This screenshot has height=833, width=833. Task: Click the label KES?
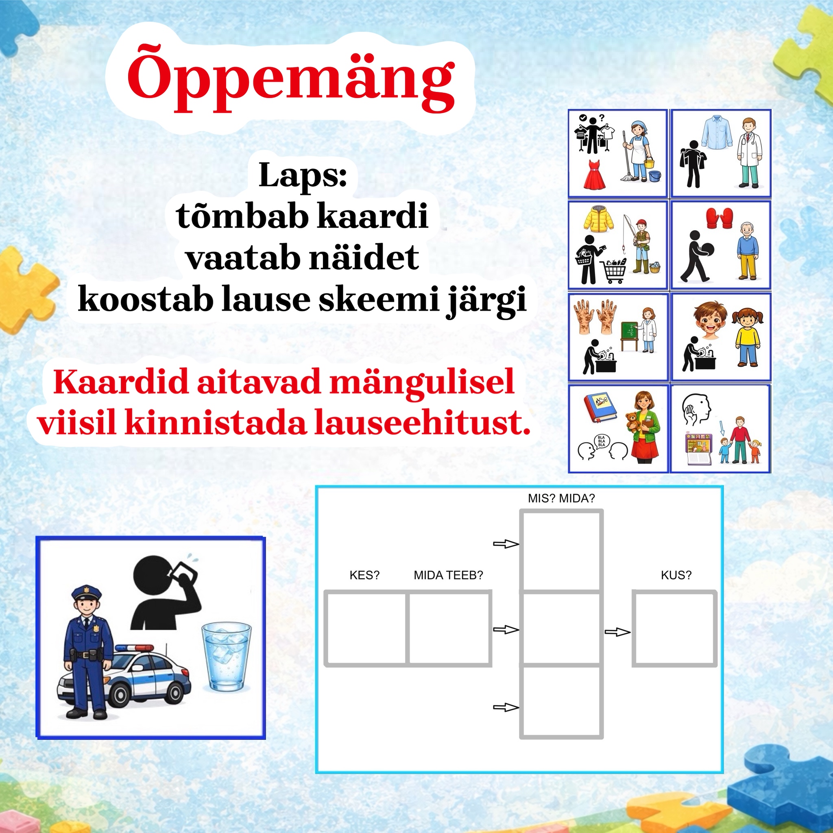364,575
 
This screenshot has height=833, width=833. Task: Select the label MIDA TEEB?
448,575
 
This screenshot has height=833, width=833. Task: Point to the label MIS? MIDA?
561,498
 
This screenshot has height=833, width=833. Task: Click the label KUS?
676,575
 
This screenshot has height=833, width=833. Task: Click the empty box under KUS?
674,629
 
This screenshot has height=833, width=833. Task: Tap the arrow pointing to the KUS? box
617,632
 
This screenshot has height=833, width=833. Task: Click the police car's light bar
134,648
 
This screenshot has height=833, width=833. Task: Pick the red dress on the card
594,174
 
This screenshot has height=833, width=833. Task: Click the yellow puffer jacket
599,218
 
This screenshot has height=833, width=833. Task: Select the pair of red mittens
720,218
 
